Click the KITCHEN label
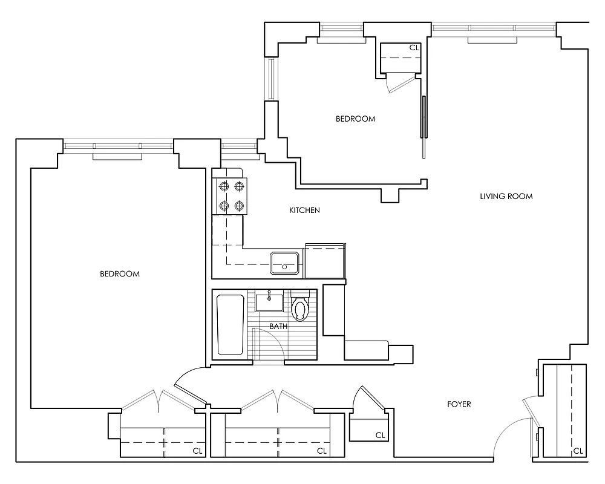click(304, 211)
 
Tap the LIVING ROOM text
click(506, 196)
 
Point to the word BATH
click(278, 326)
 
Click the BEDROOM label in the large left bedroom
click(120, 274)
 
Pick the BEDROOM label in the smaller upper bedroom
click(355, 119)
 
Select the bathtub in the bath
click(230, 324)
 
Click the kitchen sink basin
click(284, 262)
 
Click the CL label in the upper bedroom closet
click(414, 47)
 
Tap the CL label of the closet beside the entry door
click(578, 451)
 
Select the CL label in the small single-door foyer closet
click(381, 435)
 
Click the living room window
click(493, 27)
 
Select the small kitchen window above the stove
click(239, 146)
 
